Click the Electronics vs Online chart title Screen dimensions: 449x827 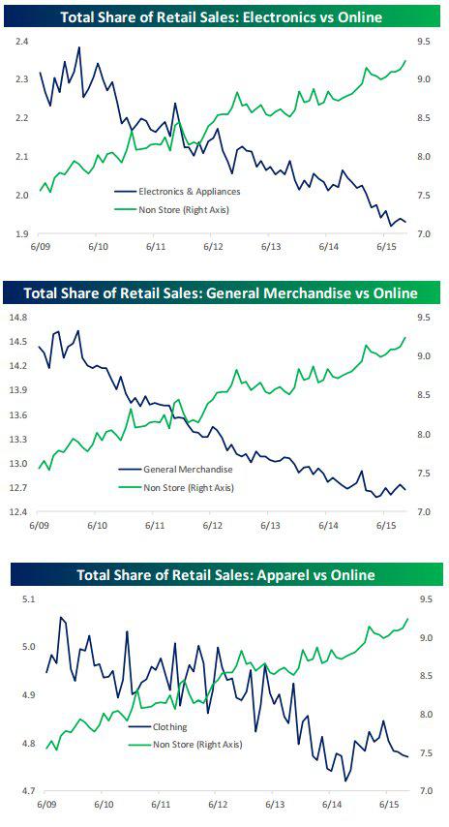click(x=222, y=18)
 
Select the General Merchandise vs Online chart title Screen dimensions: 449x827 click(x=222, y=292)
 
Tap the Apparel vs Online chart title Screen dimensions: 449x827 click(x=226, y=574)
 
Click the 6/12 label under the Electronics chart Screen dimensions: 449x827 click(x=214, y=247)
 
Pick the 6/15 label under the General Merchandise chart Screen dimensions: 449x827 click(x=385, y=526)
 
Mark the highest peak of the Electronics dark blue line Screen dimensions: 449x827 click(x=79, y=47)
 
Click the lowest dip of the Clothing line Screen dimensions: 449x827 click(x=345, y=781)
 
